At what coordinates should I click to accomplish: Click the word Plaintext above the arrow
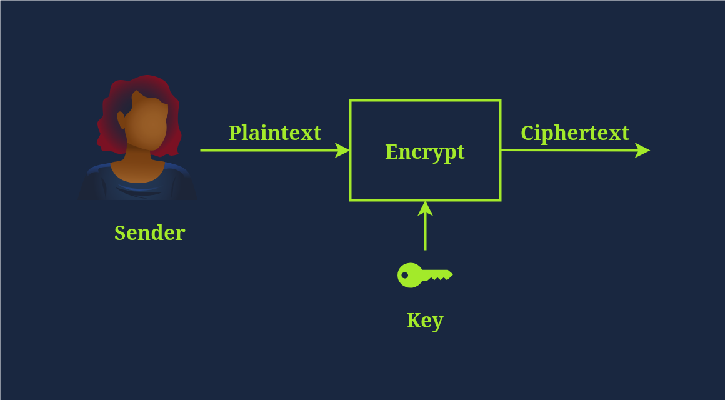point(274,133)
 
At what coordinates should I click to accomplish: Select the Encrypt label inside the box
point(424,152)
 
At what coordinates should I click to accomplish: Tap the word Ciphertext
point(574,133)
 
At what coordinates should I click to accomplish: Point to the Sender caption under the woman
point(149,233)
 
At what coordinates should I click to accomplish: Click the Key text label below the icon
point(425,321)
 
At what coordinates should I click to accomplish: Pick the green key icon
point(424,275)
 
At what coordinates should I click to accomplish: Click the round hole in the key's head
point(405,275)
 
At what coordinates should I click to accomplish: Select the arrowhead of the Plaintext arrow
point(342,150)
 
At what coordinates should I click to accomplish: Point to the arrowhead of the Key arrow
point(425,208)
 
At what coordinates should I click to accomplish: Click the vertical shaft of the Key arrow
point(425,232)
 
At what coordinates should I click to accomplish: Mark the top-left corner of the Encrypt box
point(351,101)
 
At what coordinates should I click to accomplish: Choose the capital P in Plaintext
point(234,133)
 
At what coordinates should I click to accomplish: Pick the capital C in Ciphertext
point(527,133)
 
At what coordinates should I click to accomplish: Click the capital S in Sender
point(120,233)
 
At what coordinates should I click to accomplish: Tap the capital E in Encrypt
point(391,152)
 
